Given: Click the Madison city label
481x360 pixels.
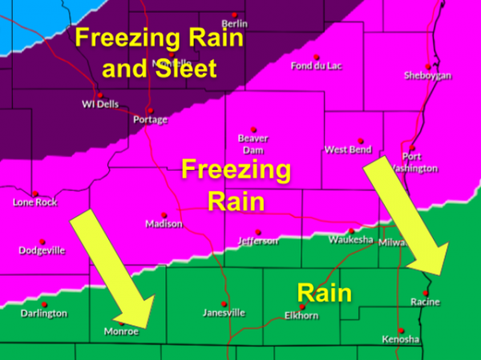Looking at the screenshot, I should (164, 224).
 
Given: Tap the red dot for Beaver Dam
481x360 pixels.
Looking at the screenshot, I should (253, 129).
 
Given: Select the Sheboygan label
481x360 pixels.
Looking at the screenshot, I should (429, 75).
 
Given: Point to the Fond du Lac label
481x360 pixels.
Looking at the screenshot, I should (316, 66).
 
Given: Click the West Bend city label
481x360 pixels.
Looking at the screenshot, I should (348, 150).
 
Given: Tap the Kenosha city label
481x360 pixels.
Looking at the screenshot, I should (400, 339).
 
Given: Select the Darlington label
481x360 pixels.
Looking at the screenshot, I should (44, 313).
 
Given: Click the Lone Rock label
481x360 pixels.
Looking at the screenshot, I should (35, 203).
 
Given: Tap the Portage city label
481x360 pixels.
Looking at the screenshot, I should (150, 119).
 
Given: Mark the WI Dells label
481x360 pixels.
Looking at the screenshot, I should (100, 103).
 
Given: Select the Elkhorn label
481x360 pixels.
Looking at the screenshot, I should (302, 316).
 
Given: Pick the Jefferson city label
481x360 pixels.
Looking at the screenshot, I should (258, 241).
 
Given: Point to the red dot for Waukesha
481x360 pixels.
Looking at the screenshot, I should (348, 229).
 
